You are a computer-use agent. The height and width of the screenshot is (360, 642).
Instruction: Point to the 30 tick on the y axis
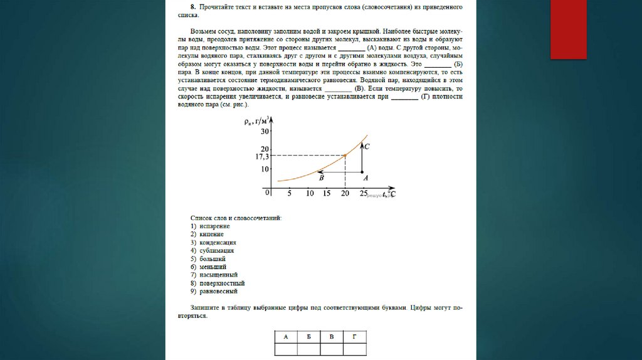265,131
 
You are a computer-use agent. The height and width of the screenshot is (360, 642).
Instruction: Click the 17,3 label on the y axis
261,156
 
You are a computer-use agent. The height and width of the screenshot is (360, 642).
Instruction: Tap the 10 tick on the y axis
265,169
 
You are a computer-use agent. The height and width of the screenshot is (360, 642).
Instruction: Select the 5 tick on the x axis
289,194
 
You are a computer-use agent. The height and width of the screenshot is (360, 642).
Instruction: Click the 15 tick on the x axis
327,194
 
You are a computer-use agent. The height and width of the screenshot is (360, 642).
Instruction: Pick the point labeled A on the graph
363,172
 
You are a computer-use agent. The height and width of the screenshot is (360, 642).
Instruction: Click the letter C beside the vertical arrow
367,147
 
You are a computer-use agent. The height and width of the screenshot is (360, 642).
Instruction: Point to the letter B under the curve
321,179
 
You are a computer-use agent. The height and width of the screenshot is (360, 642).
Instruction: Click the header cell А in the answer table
285,337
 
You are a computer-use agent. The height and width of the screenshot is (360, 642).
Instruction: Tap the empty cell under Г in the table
354,351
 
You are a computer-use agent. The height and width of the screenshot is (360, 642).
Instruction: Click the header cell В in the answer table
332,337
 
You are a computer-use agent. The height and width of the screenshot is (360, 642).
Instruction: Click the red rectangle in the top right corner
568,29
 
